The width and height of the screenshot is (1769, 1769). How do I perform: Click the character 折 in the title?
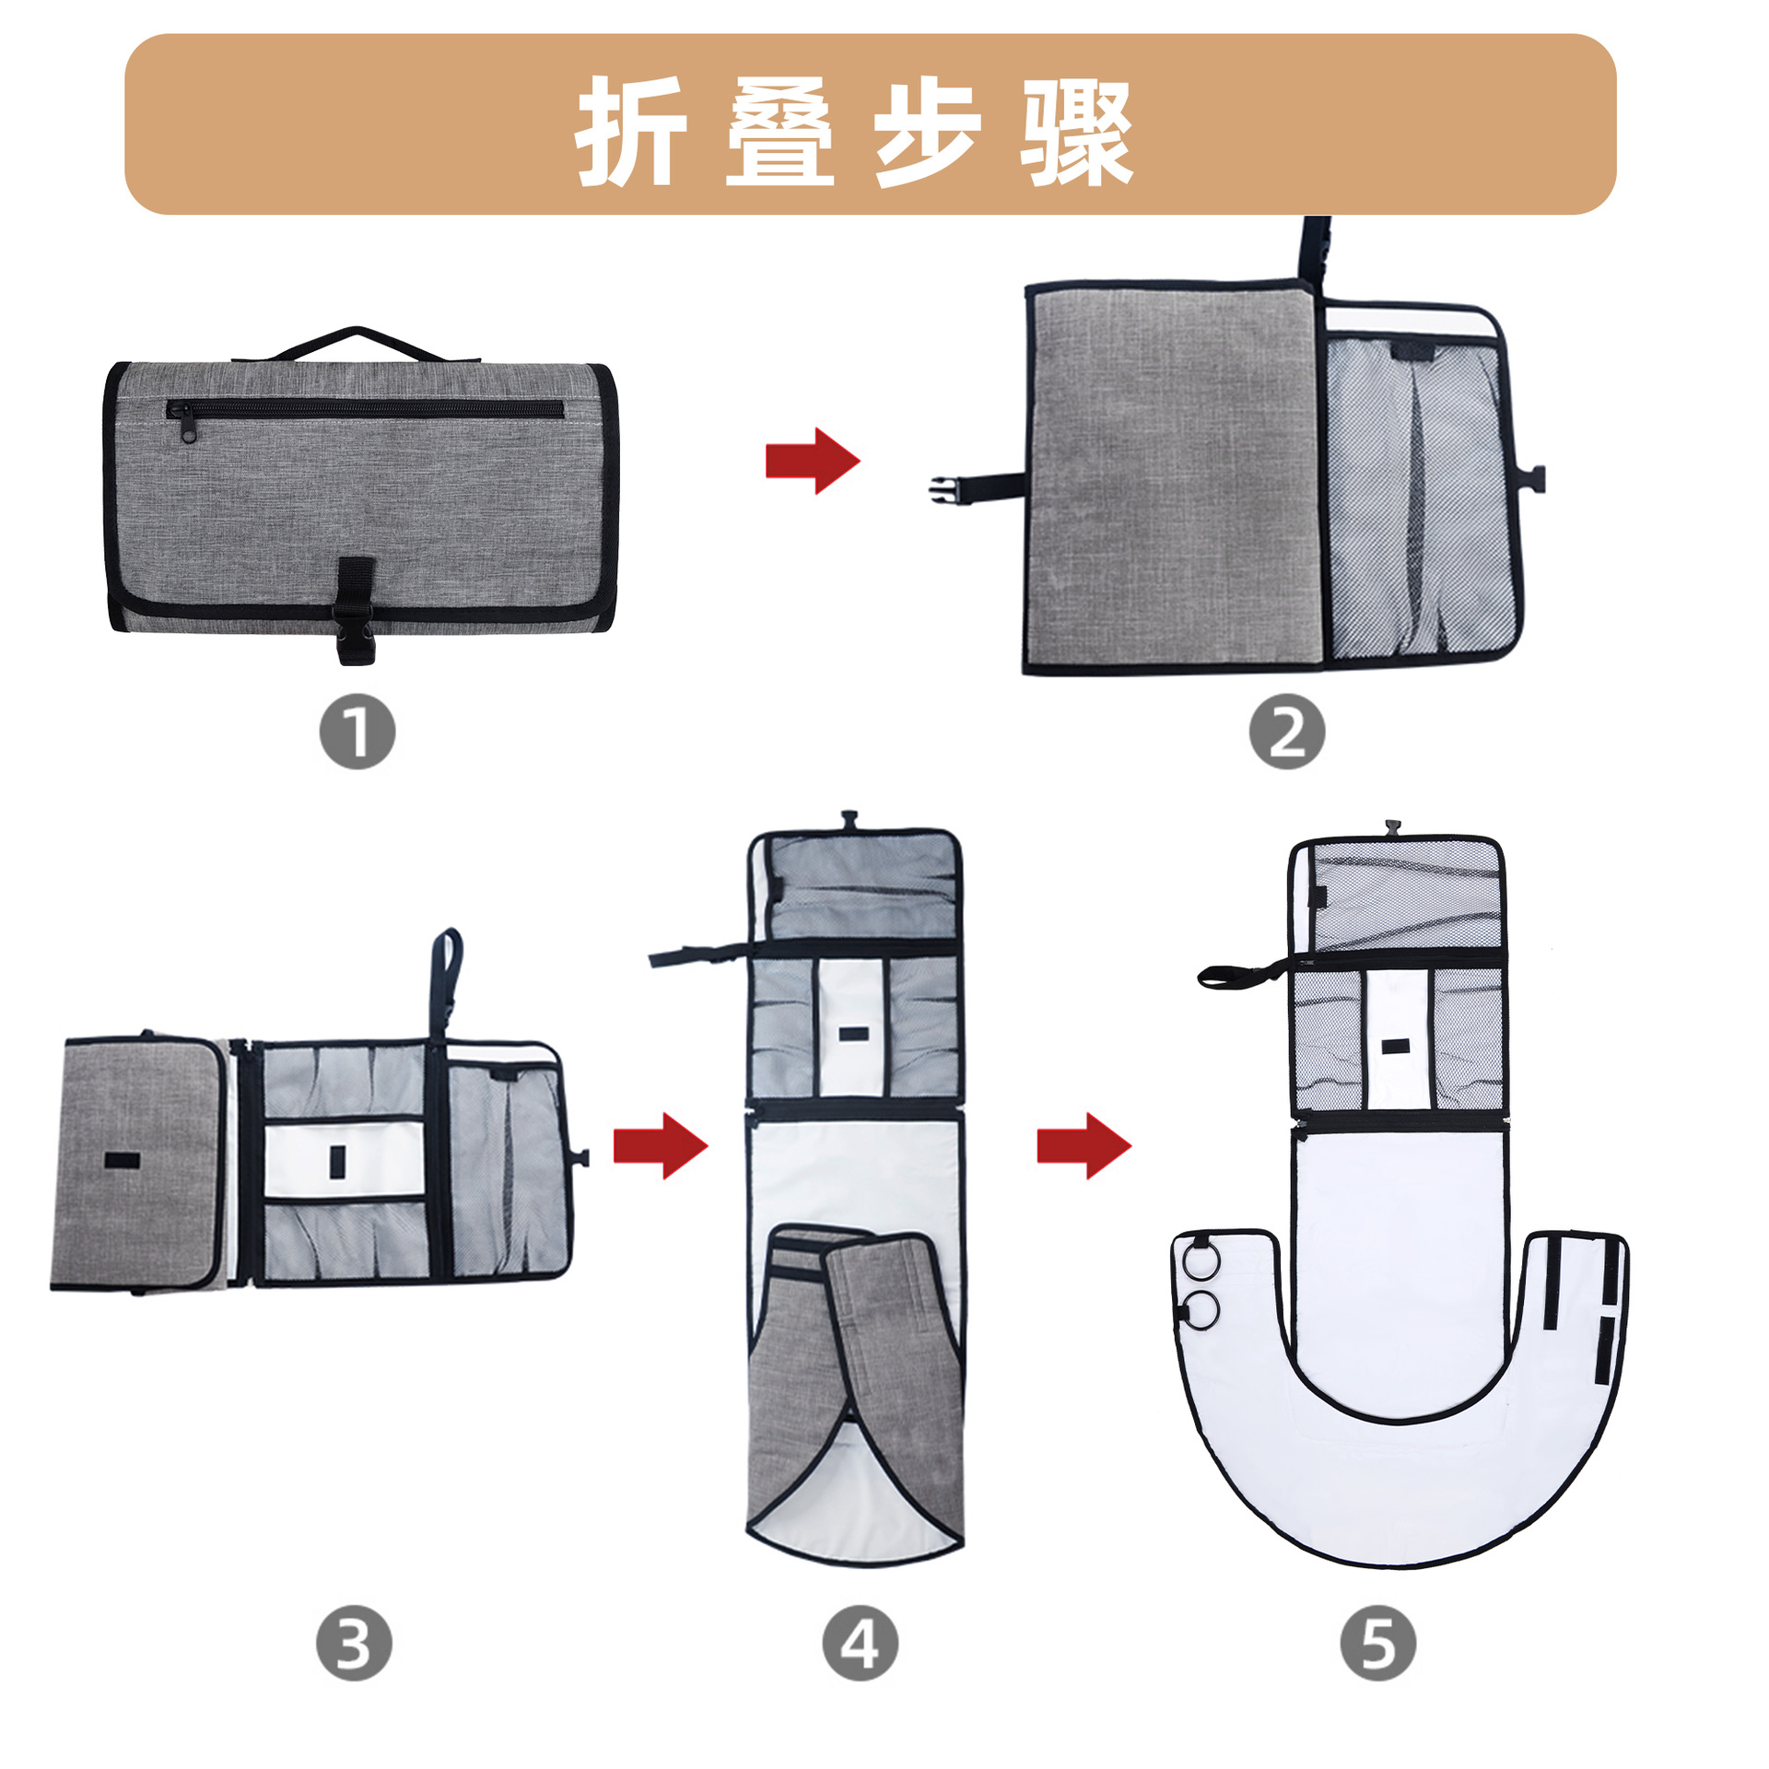[x=632, y=131]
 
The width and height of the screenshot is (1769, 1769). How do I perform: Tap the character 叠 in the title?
[x=779, y=131]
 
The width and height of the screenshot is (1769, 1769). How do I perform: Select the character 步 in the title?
[x=927, y=131]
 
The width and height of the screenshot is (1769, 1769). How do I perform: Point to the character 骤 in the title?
[x=1076, y=131]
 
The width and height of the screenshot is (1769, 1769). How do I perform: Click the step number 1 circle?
[x=357, y=732]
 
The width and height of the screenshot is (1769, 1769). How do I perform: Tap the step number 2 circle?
[x=1286, y=732]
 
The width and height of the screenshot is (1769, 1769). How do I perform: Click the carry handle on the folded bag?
[x=357, y=341]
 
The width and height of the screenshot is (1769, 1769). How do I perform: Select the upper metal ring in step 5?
[x=1201, y=1260]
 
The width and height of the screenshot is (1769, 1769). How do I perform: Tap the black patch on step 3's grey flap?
[x=122, y=1160]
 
